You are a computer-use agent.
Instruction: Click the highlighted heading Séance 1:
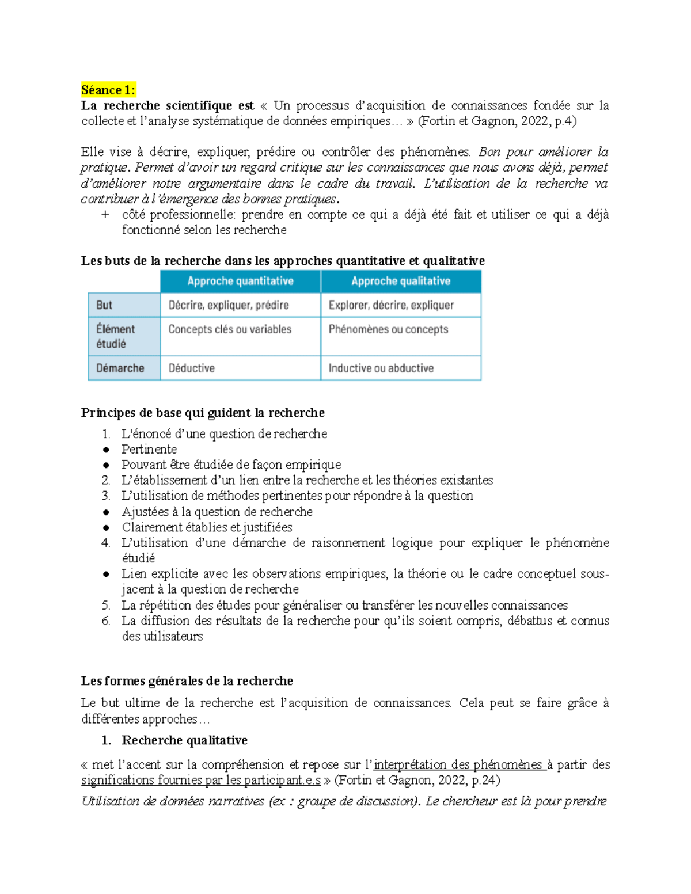[x=108, y=90]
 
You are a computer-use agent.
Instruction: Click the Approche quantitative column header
[x=240, y=281]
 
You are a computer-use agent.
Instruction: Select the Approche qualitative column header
[x=401, y=281]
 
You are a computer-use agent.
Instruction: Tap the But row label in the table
[x=104, y=305]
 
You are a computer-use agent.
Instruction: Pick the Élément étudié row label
[x=115, y=336]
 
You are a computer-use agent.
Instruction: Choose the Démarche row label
[x=120, y=368]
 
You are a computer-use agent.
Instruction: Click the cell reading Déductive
[x=192, y=368]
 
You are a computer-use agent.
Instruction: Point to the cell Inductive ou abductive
[x=381, y=368]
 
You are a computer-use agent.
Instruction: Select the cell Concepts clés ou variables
[x=230, y=329]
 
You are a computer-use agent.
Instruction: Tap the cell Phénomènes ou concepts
[x=388, y=329]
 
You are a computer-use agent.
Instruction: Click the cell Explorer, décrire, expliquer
[x=391, y=305]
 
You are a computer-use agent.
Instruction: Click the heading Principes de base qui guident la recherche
[x=203, y=413]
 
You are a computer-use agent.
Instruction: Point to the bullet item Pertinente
[x=149, y=449]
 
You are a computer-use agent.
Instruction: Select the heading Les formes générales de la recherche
[x=187, y=681]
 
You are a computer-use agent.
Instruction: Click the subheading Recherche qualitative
[x=184, y=740]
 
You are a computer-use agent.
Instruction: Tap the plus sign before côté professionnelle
[x=105, y=215]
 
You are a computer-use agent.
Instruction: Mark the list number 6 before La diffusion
[x=106, y=621]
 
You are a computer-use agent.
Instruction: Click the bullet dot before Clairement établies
[x=106, y=527]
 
